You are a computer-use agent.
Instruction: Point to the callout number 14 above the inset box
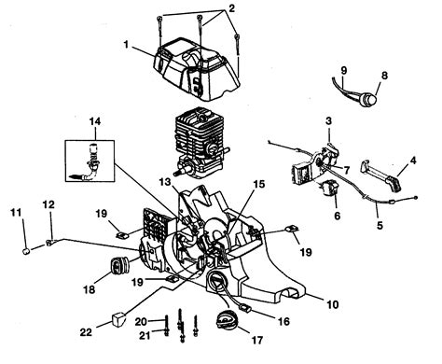click(94, 122)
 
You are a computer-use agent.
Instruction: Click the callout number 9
click(342, 71)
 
